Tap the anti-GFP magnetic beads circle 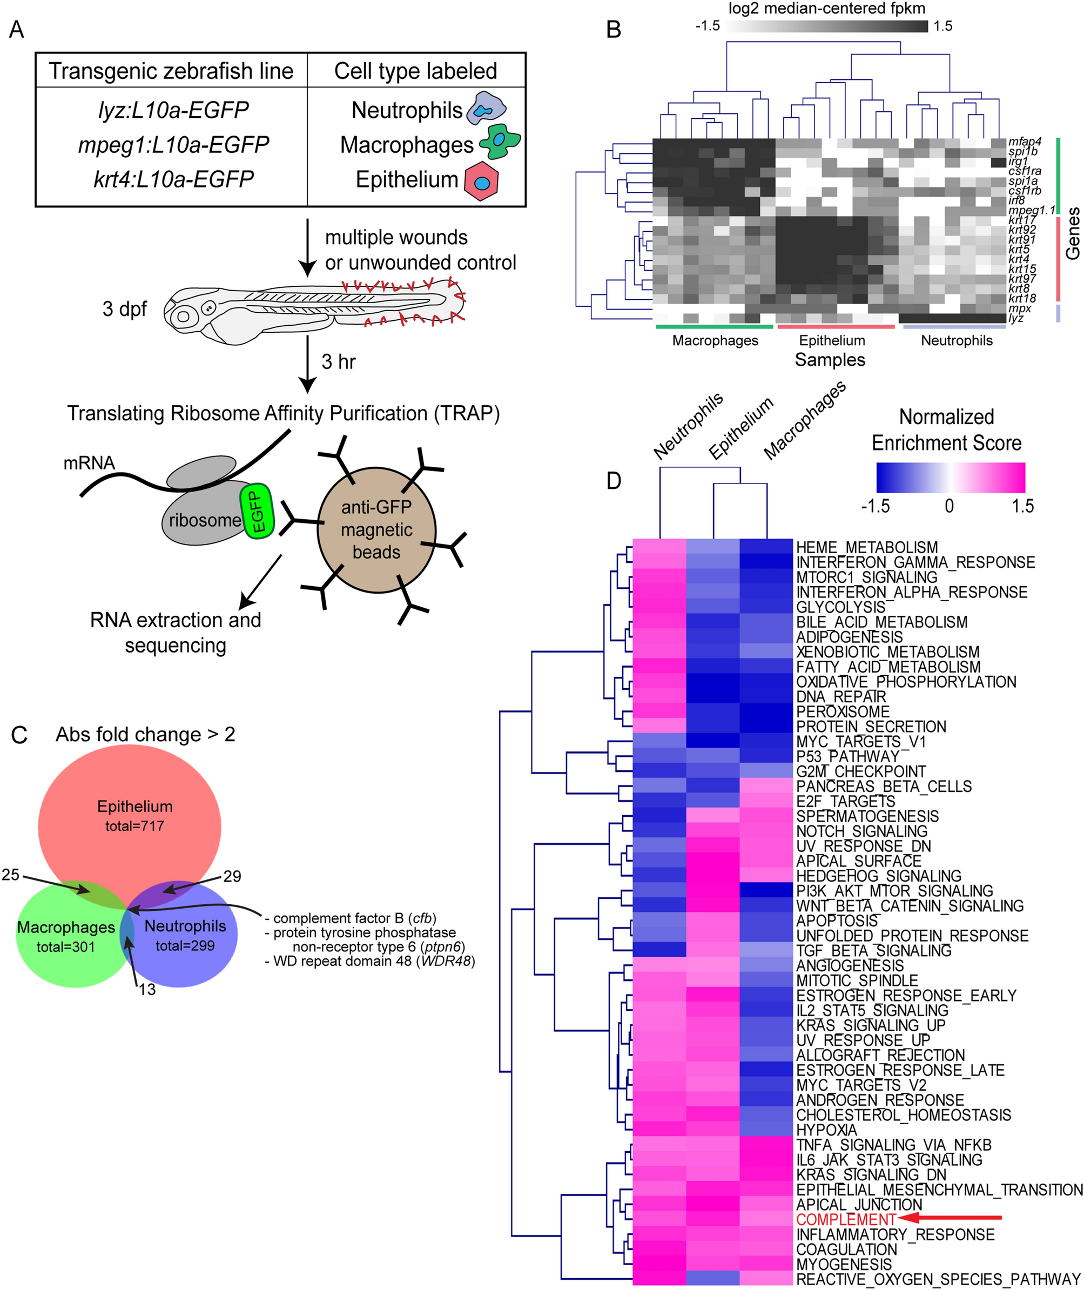376,530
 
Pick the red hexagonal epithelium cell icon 481,179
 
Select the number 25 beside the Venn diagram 11,874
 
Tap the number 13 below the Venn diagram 147,990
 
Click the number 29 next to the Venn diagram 232,876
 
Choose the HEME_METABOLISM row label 866,547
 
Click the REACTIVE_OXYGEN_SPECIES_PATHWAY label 937,1280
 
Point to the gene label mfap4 1025,142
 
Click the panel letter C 19,735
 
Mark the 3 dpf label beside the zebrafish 125,308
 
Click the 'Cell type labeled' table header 415,71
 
